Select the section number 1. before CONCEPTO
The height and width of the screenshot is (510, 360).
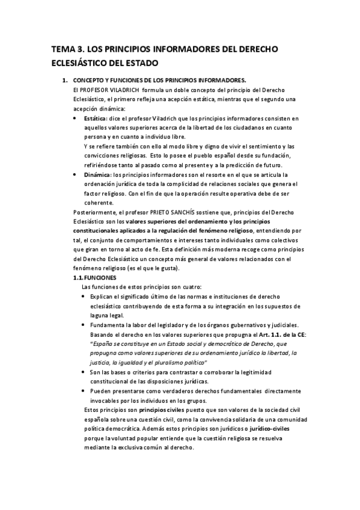(64, 80)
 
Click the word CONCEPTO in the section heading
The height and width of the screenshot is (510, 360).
(91, 80)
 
